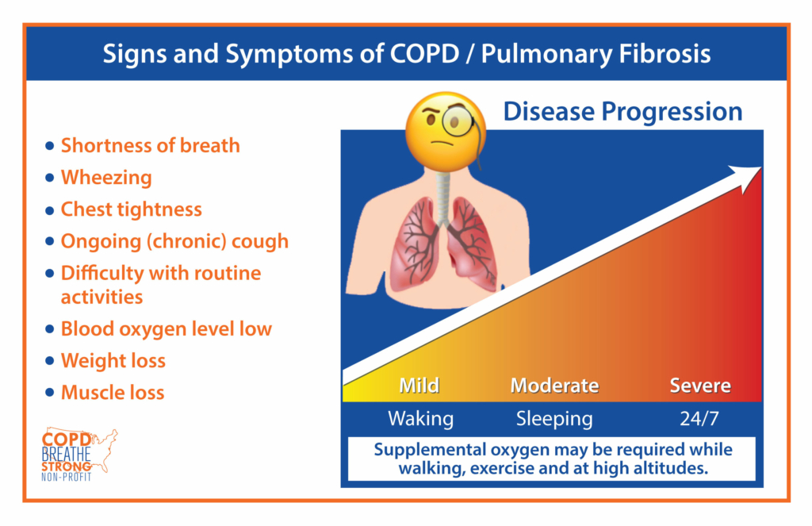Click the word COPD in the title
[x=425, y=53]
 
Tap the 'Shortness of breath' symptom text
[x=150, y=146]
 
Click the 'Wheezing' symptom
[x=106, y=178]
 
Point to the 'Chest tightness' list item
[x=132, y=209]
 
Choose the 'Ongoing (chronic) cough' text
[x=174, y=241]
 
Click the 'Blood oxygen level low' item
[x=167, y=329]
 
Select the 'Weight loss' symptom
[x=113, y=361]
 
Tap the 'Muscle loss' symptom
[x=113, y=393]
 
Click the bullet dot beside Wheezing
[x=50, y=178]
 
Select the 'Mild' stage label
[x=419, y=386]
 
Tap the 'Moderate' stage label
[x=554, y=386]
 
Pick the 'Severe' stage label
[x=700, y=386]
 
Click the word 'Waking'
[x=420, y=419]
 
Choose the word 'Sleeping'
[x=554, y=419]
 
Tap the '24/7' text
[x=699, y=419]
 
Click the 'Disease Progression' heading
[x=622, y=111]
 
